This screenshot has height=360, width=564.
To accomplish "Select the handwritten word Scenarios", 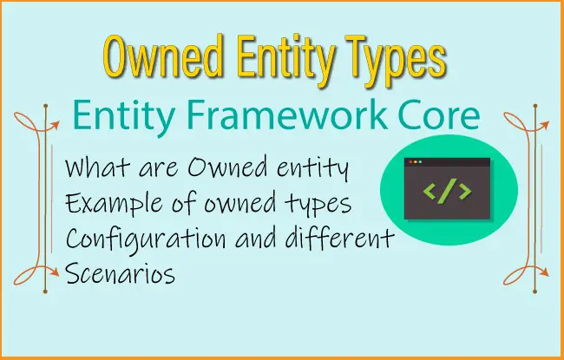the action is [x=121, y=273].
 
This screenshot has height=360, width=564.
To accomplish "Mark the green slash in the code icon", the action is [x=447, y=191].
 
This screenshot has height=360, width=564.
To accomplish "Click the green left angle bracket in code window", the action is [x=430, y=191].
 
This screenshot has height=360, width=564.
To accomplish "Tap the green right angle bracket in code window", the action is [x=465, y=191].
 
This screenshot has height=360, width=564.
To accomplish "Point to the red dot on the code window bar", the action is [x=410, y=162].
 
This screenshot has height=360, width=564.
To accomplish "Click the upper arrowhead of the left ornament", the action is [x=55, y=125].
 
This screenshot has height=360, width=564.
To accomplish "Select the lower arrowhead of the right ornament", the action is [x=545, y=272].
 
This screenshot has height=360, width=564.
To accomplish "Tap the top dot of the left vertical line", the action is [x=46, y=106].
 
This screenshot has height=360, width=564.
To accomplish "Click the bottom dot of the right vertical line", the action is [x=535, y=291].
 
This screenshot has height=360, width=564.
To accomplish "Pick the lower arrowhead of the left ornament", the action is [x=55, y=272].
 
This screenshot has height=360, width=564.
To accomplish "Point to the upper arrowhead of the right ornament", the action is [x=545, y=125].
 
